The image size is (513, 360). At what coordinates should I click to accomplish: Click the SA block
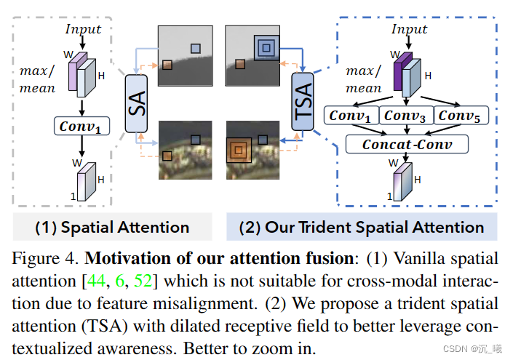pos(137,103)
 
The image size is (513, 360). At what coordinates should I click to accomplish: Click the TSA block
pos(303,103)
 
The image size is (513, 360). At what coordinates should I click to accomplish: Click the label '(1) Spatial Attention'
pos(113,227)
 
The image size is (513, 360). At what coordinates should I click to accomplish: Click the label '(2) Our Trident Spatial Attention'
pos(362,227)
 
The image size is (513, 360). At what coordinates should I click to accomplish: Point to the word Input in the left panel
pos(84,29)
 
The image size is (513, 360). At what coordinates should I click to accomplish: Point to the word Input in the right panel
pos(410,29)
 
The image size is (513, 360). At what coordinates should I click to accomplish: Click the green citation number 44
pos(115,280)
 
